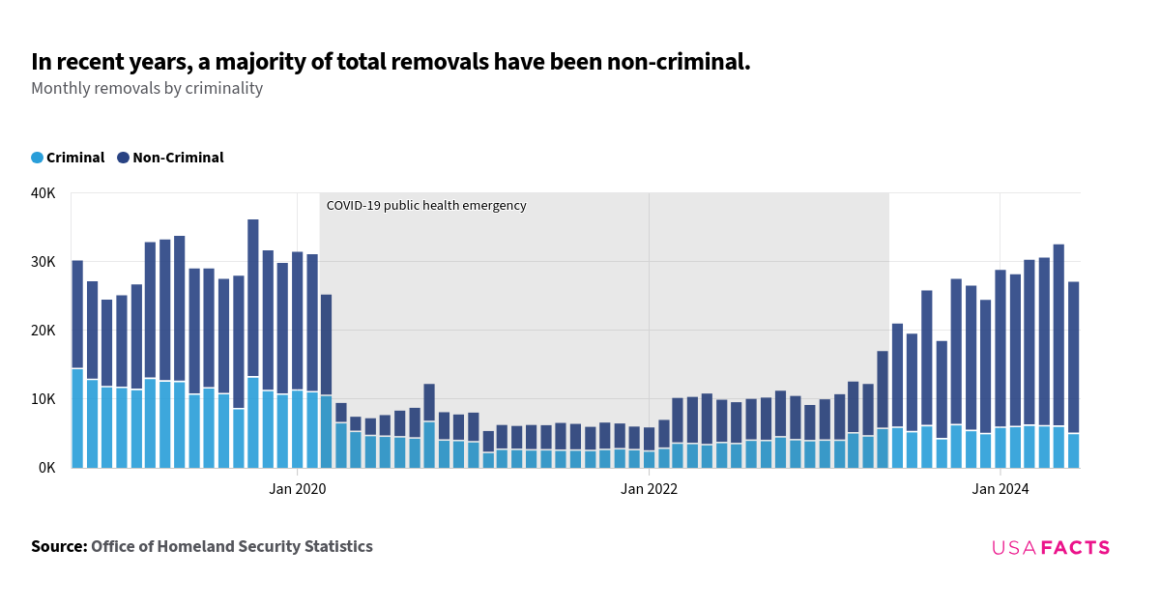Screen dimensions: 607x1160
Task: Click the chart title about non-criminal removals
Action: coord(391,62)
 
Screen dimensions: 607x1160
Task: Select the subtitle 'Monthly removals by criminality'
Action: coord(147,88)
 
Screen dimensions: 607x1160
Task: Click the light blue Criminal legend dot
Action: coord(38,158)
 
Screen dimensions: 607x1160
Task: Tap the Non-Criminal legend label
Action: coord(178,158)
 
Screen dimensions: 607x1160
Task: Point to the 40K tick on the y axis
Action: coord(43,193)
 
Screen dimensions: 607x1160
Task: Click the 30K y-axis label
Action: coord(43,262)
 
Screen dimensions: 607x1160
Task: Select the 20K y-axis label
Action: coord(43,331)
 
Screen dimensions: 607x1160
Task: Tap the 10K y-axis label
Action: coord(43,399)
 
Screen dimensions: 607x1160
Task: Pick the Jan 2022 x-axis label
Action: coord(649,489)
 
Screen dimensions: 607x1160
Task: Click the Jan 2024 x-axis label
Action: coord(1000,489)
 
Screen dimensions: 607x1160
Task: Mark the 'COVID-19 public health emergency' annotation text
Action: coord(426,206)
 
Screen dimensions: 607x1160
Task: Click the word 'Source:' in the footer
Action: coord(59,547)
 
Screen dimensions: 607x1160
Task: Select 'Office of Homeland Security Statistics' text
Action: coord(232,547)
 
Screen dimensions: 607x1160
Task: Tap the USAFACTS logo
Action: coord(1051,548)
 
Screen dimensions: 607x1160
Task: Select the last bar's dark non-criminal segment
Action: coord(1074,358)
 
